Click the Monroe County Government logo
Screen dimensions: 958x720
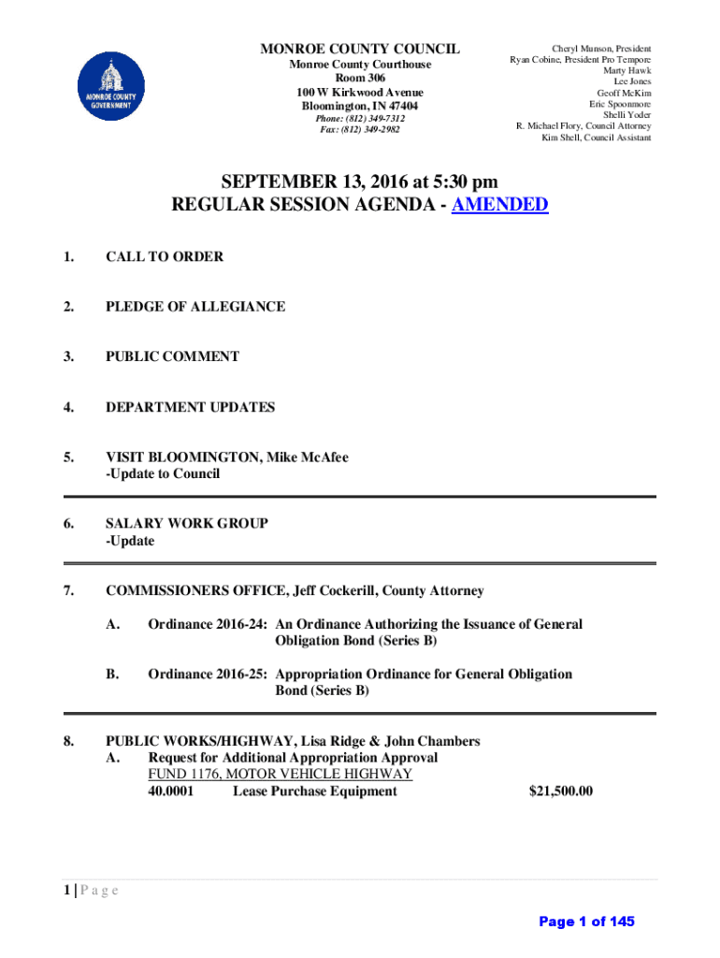(x=110, y=86)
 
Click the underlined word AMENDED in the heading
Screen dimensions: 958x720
(x=499, y=205)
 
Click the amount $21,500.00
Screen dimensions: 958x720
(x=561, y=791)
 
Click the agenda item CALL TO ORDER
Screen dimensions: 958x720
(x=165, y=256)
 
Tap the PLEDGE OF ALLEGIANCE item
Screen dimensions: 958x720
(x=195, y=307)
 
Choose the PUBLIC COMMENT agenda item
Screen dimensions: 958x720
(x=172, y=356)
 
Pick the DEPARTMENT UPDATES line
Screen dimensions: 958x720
(x=191, y=407)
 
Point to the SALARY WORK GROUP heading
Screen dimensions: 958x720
(x=187, y=524)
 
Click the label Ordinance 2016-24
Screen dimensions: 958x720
(x=209, y=624)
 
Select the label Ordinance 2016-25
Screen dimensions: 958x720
(x=209, y=675)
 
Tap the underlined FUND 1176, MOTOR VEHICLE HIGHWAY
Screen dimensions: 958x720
(x=280, y=775)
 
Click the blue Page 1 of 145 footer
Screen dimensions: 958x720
(x=586, y=922)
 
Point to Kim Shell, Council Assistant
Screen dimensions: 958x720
(x=596, y=138)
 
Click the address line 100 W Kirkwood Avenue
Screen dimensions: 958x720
(x=359, y=93)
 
